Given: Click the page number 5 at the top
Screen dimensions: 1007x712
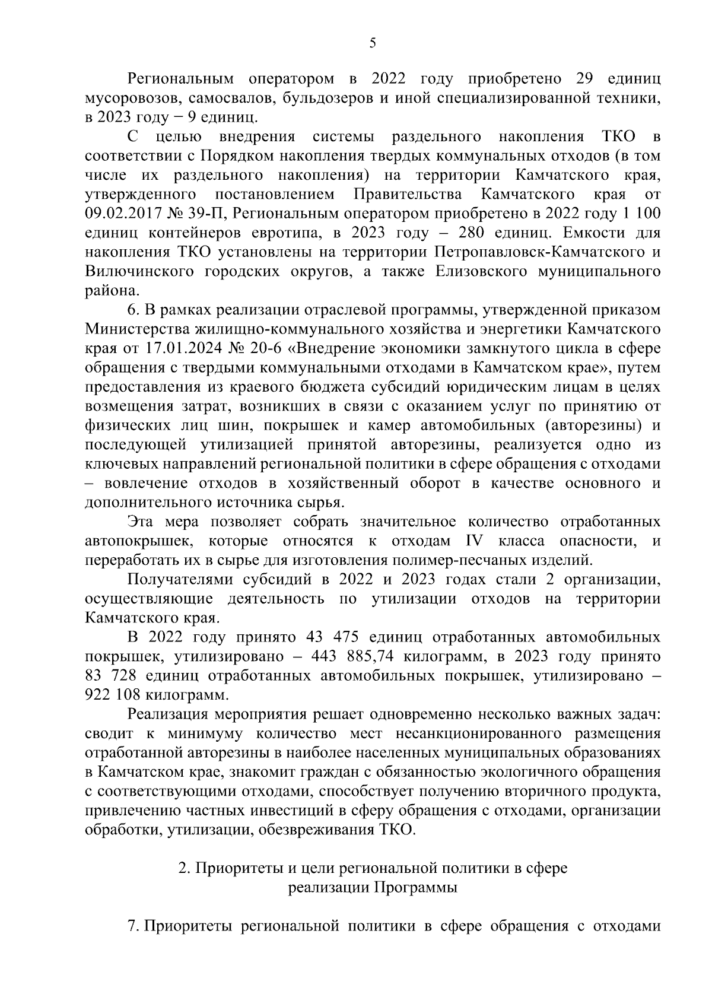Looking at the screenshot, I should click(x=372, y=42).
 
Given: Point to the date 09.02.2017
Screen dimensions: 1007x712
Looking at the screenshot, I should click(x=122, y=214).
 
